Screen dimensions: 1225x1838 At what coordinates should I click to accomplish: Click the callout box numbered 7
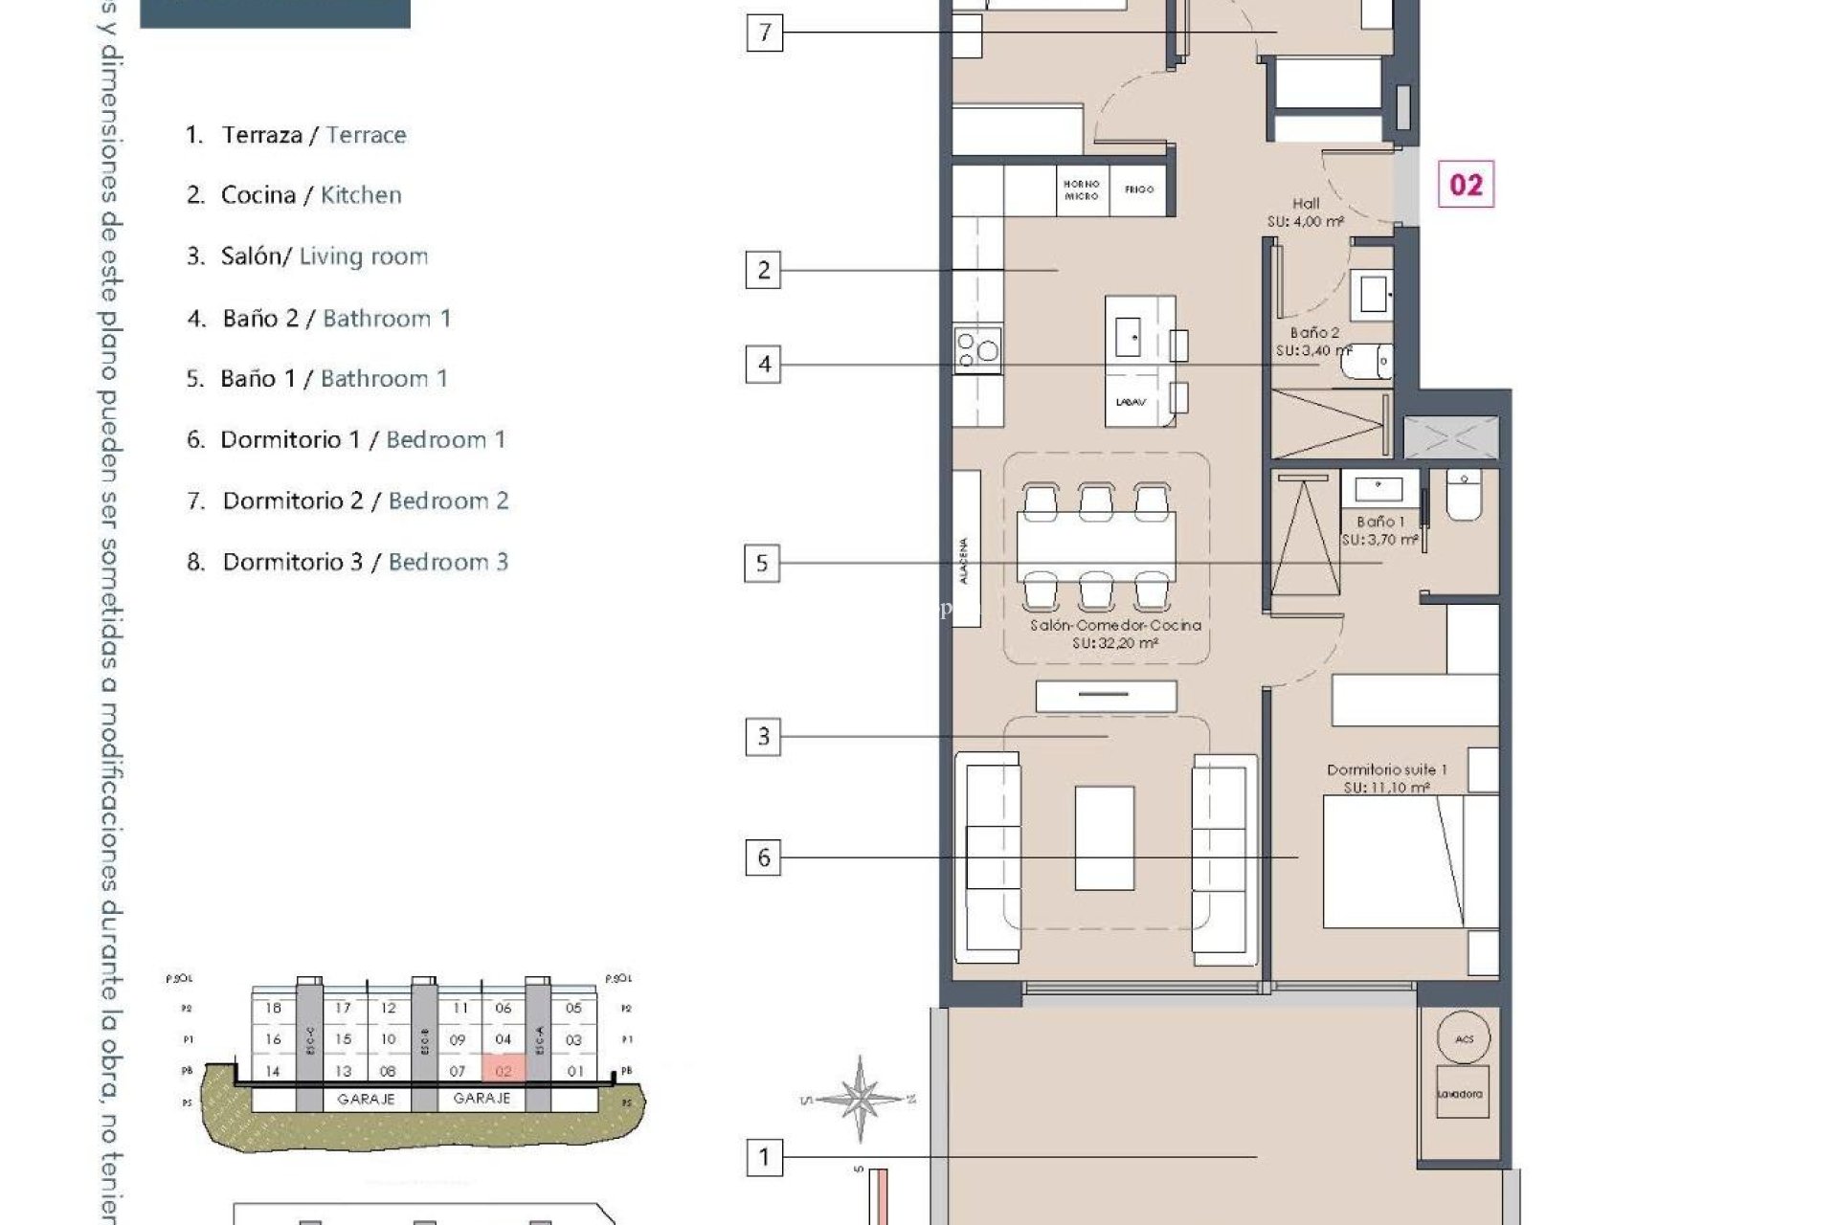tap(764, 33)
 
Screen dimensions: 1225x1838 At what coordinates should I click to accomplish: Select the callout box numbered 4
tap(763, 364)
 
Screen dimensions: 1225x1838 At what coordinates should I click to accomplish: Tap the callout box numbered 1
tap(763, 1157)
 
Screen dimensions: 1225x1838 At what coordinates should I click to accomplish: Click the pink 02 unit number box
tap(1466, 185)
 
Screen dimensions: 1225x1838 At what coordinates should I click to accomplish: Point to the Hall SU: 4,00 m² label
tap(1305, 212)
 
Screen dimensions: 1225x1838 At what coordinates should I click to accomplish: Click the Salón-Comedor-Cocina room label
tap(1115, 634)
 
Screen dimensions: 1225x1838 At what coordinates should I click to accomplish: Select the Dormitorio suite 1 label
tap(1386, 778)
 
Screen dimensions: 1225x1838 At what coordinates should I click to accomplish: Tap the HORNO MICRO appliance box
tap(1082, 189)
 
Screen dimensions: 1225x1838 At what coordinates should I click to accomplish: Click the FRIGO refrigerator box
tap(1139, 189)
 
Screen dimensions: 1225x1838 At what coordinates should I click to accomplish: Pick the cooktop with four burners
tap(977, 349)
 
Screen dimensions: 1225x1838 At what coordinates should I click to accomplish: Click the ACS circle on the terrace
tap(1464, 1038)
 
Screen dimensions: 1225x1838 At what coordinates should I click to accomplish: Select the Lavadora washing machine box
tap(1461, 1093)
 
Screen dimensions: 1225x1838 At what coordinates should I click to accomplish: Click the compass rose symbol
tap(860, 1099)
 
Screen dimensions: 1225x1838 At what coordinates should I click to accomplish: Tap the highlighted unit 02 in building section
tap(504, 1070)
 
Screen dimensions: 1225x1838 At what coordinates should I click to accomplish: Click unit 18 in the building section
tap(274, 1008)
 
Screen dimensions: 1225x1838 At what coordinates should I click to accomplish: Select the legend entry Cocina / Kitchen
tap(294, 195)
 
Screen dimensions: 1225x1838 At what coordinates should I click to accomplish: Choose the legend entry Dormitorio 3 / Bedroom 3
tap(347, 562)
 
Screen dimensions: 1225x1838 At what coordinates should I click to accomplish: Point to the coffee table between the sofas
tap(1104, 837)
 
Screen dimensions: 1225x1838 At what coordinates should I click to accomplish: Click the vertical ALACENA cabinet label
tap(965, 561)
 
